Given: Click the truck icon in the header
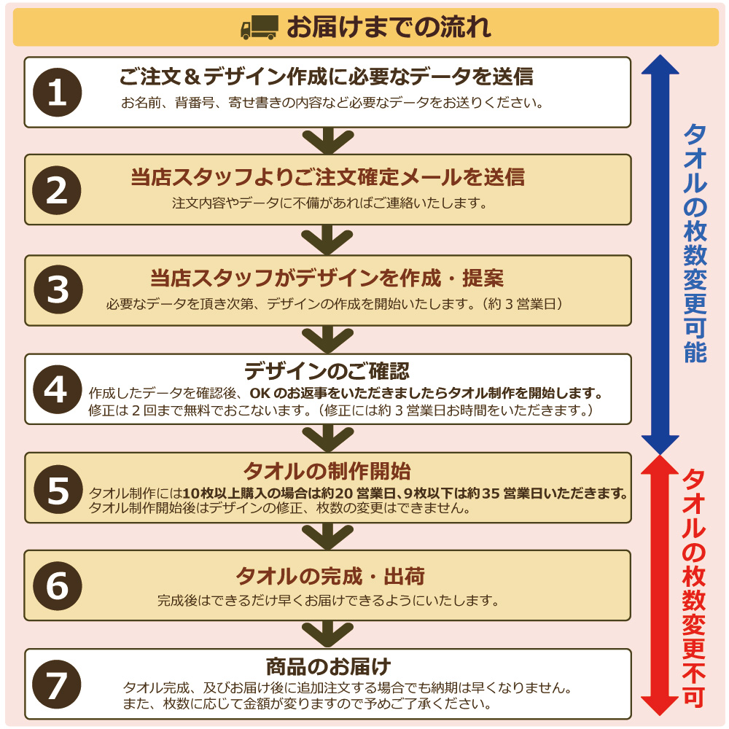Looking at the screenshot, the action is point(260,27).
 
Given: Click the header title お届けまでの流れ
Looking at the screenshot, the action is point(389,27).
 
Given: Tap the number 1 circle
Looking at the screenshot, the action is point(57,92).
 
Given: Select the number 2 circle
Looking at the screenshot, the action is point(57,190).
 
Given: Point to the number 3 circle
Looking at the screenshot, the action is point(58,289).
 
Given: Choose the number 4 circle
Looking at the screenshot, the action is point(58,389).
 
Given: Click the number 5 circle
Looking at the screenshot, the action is point(58,489).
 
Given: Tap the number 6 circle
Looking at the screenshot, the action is point(58,586).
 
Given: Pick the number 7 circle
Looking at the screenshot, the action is point(57,685).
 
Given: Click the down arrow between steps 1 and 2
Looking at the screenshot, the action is point(328,141).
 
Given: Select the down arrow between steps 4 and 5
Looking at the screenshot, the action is point(328,438).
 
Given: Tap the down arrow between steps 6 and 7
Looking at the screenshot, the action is point(328,634).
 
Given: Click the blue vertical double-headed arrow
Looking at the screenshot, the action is point(660,254).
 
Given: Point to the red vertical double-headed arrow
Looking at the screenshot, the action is point(660,585).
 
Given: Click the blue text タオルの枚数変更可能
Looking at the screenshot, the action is point(695,243).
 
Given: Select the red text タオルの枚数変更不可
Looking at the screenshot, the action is point(694,588).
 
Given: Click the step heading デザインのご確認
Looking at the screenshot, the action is point(327,371).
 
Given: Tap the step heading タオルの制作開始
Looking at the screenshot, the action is point(327,471).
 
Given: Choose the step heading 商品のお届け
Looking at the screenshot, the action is point(328,667).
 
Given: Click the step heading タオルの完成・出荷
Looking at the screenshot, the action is point(330,577).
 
